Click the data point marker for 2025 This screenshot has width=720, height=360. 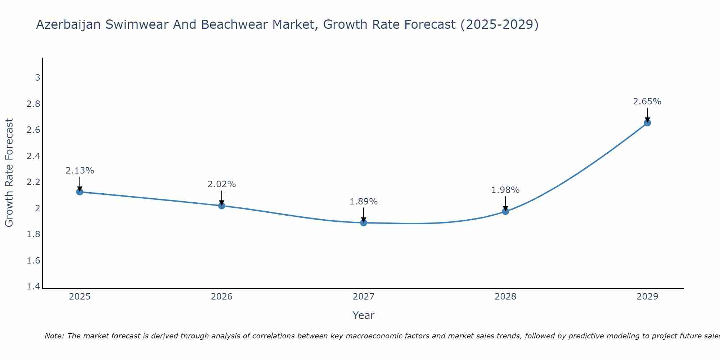[x=80, y=192]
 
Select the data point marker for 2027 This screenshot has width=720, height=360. [x=364, y=223]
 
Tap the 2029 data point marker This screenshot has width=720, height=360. [x=647, y=123]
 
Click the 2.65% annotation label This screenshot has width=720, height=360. [x=647, y=102]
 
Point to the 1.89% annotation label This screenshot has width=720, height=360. [x=364, y=202]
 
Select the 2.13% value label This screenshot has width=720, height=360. [x=80, y=171]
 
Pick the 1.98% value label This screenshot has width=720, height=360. [x=505, y=190]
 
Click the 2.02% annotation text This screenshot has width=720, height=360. [x=221, y=184]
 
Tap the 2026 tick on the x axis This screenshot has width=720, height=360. [x=221, y=297]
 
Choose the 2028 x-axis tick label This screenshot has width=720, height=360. [x=505, y=297]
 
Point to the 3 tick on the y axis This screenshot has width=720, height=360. [x=37, y=78]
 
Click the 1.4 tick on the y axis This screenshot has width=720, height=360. [x=33, y=287]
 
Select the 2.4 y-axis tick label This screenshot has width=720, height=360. [x=33, y=156]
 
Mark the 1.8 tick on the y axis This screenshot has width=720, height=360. [x=33, y=234]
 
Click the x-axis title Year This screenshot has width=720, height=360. [x=364, y=315]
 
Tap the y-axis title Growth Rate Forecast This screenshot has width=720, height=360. [x=9, y=173]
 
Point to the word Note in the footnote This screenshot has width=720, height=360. [x=54, y=336]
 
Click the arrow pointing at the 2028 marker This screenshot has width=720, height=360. [x=505, y=204]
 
